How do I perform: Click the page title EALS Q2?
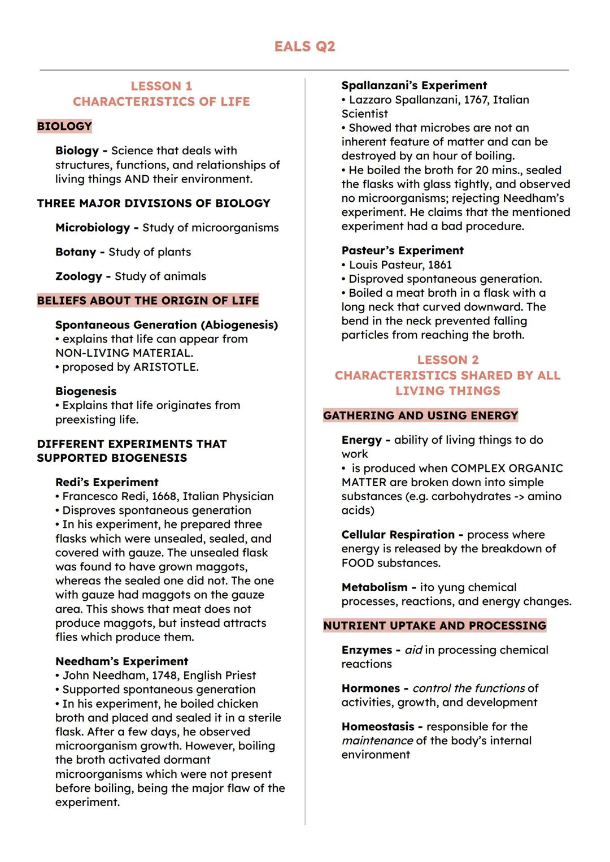point(304,46)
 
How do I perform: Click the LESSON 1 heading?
point(162,86)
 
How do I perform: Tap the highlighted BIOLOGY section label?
point(64,126)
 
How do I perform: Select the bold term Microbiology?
point(93,228)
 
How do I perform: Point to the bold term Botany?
point(76,252)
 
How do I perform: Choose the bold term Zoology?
point(79,276)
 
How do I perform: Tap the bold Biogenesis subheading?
point(86,391)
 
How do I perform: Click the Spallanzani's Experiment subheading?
point(414,85)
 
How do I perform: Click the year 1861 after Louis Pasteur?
point(440,265)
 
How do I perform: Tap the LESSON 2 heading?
point(448,360)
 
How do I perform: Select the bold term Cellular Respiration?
point(398,535)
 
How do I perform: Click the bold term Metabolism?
point(374,587)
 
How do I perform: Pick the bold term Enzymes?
point(367,650)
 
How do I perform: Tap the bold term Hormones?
point(371,688)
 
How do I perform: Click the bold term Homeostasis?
point(378,727)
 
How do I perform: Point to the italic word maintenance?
point(377,741)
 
